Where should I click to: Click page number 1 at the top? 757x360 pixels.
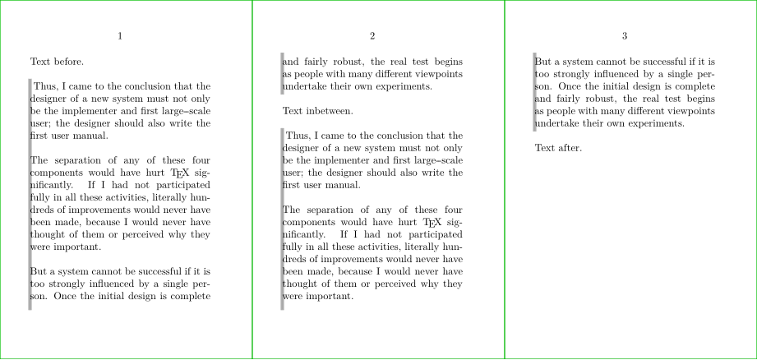(x=120, y=36)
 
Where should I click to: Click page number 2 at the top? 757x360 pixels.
(x=372, y=36)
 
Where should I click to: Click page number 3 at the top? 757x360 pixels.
(x=625, y=36)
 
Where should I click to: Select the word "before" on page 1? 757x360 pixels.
(x=67, y=62)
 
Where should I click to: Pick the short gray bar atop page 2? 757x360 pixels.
(x=283, y=74)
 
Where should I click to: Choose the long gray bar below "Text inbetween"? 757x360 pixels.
(x=283, y=219)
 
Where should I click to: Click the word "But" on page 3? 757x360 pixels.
(x=543, y=62)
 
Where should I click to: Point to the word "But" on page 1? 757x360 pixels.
(x=39, y=271)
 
